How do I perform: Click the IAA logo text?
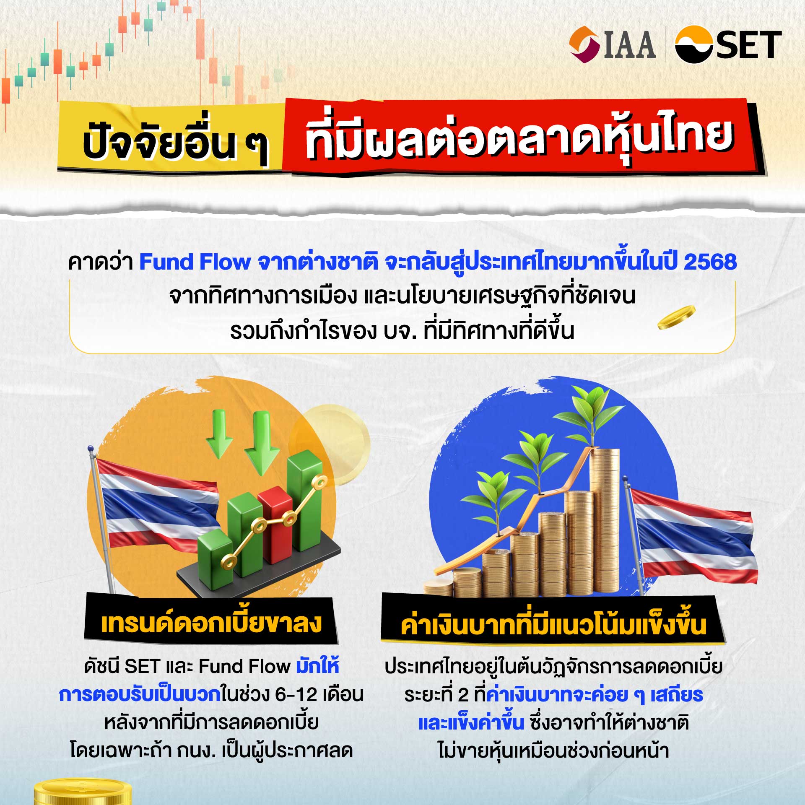630,45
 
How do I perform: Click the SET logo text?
748,45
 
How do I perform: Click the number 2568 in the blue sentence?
710,262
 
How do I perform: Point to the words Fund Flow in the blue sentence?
195,262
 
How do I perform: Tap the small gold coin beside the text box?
676,317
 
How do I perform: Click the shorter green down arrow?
219,434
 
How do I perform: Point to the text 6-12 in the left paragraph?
296,695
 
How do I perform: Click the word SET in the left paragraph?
143,666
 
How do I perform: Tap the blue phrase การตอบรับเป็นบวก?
140,695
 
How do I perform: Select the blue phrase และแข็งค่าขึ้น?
471,722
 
